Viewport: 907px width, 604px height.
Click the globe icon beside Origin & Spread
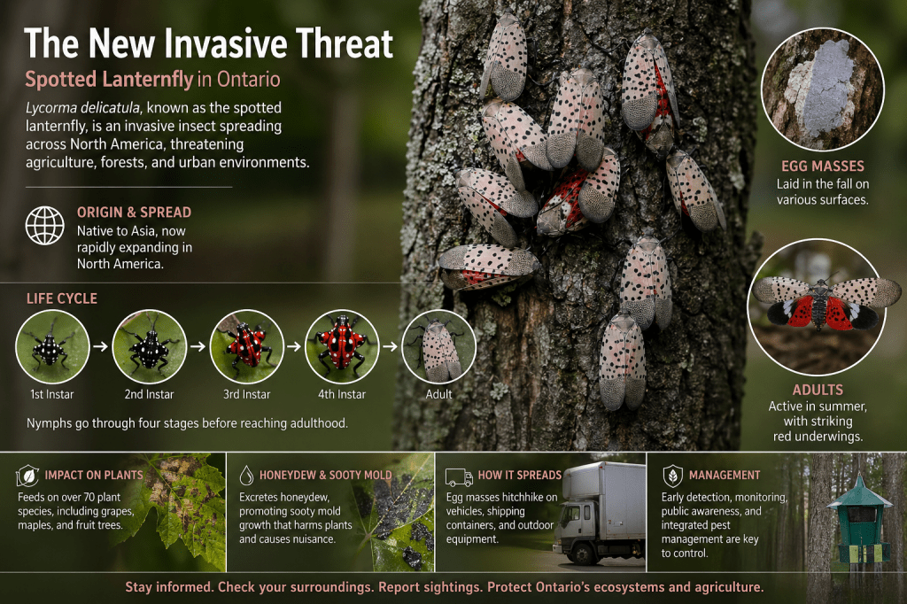[44, 225]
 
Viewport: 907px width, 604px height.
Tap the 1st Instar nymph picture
[52, 346]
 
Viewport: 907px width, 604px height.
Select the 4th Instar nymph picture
[342, 346]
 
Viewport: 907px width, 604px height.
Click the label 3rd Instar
[246, 395]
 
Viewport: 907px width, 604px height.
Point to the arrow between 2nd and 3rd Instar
[198, 346]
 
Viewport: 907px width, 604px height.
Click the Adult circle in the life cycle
[439, 346]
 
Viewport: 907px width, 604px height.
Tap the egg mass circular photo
[823, 89]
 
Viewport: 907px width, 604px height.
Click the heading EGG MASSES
[823, 166]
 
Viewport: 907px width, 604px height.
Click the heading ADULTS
[818, 390]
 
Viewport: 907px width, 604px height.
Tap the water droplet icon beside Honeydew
[246, 475]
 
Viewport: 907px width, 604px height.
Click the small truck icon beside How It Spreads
[459, 476]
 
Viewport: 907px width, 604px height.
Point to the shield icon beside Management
[672, 476]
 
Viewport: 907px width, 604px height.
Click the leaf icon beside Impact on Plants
[27, 476]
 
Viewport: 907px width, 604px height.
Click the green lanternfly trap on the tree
[859, 521]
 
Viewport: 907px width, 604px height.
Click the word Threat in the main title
[345, 43]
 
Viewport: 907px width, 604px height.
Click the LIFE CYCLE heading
[62, 298]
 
